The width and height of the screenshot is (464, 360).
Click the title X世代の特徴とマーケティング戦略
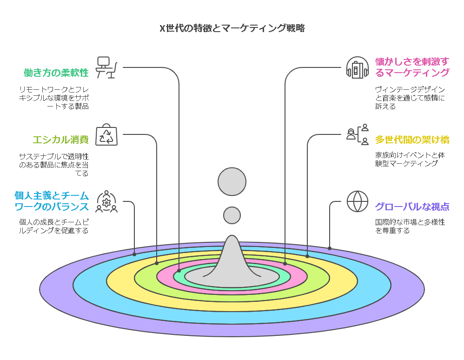pos(232,28)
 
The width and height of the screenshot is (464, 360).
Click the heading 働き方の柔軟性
pos(56,73)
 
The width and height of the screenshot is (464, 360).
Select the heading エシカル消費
pos(60,140)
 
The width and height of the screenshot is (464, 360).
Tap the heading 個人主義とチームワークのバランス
pos(52,201)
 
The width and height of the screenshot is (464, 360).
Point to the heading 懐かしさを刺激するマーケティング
pos(412,67)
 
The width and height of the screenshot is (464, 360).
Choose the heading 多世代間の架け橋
pos(412,140)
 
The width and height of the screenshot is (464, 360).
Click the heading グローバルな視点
pos(412,207)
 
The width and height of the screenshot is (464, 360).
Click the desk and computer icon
pos(106,67)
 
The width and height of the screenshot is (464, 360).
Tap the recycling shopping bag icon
pos(106,134)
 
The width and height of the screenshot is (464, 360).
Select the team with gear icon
pos(106,201)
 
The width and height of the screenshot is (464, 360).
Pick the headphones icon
pos(358,67)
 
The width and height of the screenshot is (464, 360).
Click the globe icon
pos(358,201)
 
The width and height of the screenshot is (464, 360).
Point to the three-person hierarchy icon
pos(358,134)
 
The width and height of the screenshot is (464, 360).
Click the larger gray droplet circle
pos(232,181)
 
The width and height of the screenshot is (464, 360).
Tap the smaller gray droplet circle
pos(232,215)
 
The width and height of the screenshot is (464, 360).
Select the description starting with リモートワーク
pos(54,98)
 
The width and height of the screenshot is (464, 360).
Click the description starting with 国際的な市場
pos(410,226)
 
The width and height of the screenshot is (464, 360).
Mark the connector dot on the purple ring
pos(330,248)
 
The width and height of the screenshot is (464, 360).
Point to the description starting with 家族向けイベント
pos(410,159)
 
